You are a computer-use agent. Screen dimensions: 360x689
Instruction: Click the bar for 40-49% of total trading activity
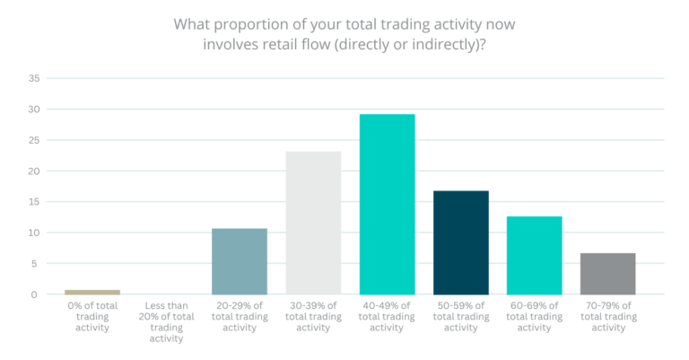click(387, 205)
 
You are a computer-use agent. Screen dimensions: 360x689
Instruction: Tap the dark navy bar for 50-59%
click(460, 242)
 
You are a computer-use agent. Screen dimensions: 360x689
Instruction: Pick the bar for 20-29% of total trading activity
click(240, 261)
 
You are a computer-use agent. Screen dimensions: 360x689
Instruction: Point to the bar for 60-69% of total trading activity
click(534, 255)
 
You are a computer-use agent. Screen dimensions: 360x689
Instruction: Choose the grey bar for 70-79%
click(607, 274)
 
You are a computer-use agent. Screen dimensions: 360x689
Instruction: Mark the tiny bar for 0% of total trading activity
click(92, 292)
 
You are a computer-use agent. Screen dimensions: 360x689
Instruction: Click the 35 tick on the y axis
click(34, 78)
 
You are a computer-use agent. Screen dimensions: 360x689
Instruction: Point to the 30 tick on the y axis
click(34, 110)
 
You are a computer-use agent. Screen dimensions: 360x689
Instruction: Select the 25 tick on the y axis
click(34, 140)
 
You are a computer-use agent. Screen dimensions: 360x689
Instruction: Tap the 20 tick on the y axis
click(34, 171)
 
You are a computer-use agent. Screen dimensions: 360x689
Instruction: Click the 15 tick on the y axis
click(34, 202)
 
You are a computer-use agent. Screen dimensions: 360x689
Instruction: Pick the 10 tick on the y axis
click(34, 233)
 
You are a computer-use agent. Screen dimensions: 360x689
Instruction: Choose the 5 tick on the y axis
click(37, 264)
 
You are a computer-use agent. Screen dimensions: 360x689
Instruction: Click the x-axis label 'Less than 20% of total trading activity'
click(166, 320)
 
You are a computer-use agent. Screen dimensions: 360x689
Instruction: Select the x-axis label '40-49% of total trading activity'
click(387, 315)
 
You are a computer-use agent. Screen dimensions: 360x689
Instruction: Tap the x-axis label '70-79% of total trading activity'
click(607, 315)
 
